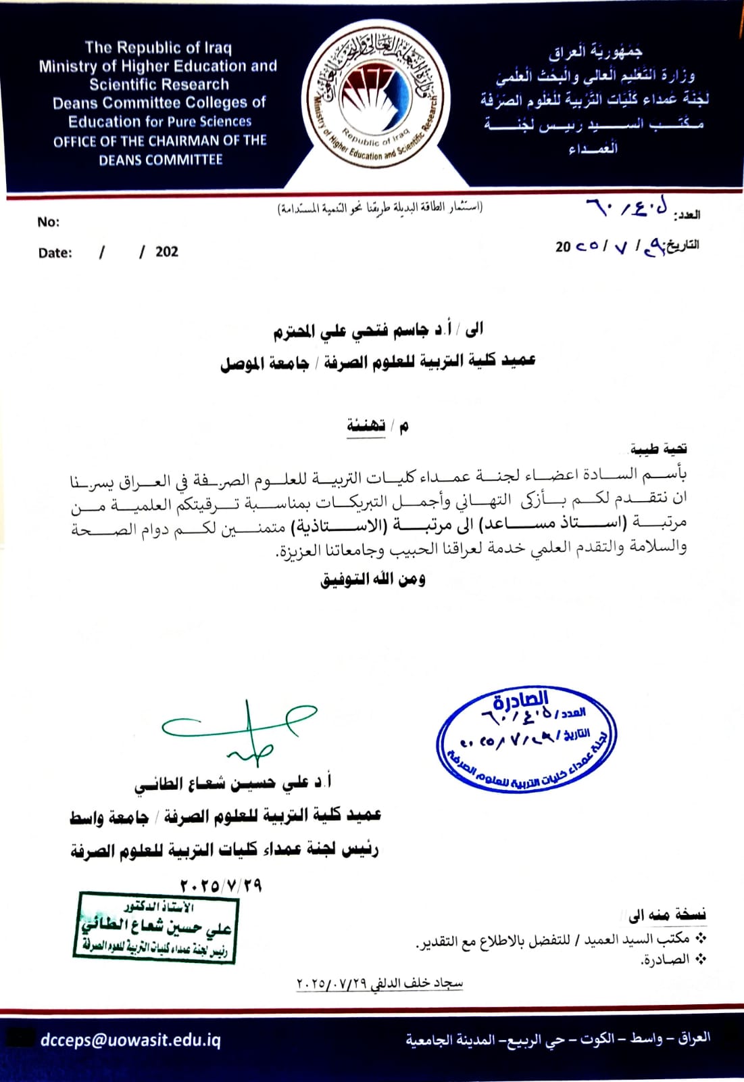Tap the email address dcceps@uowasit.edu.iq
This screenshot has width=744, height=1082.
130,1039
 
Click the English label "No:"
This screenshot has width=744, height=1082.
48,222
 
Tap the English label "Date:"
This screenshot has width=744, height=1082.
55,253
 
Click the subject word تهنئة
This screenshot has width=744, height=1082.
366,425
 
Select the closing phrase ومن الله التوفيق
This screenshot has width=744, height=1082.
372,579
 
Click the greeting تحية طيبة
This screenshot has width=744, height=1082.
659,448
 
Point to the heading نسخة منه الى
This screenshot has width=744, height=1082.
667,915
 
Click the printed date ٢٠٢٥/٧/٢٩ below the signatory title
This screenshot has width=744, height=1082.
221,885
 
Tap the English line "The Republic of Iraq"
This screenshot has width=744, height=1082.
158,47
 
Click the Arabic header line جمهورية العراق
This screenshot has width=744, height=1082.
595,51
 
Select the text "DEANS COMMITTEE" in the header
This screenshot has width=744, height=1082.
161,160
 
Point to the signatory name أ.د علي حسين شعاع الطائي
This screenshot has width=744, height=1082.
232,783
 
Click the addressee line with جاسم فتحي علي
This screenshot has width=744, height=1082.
378,331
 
